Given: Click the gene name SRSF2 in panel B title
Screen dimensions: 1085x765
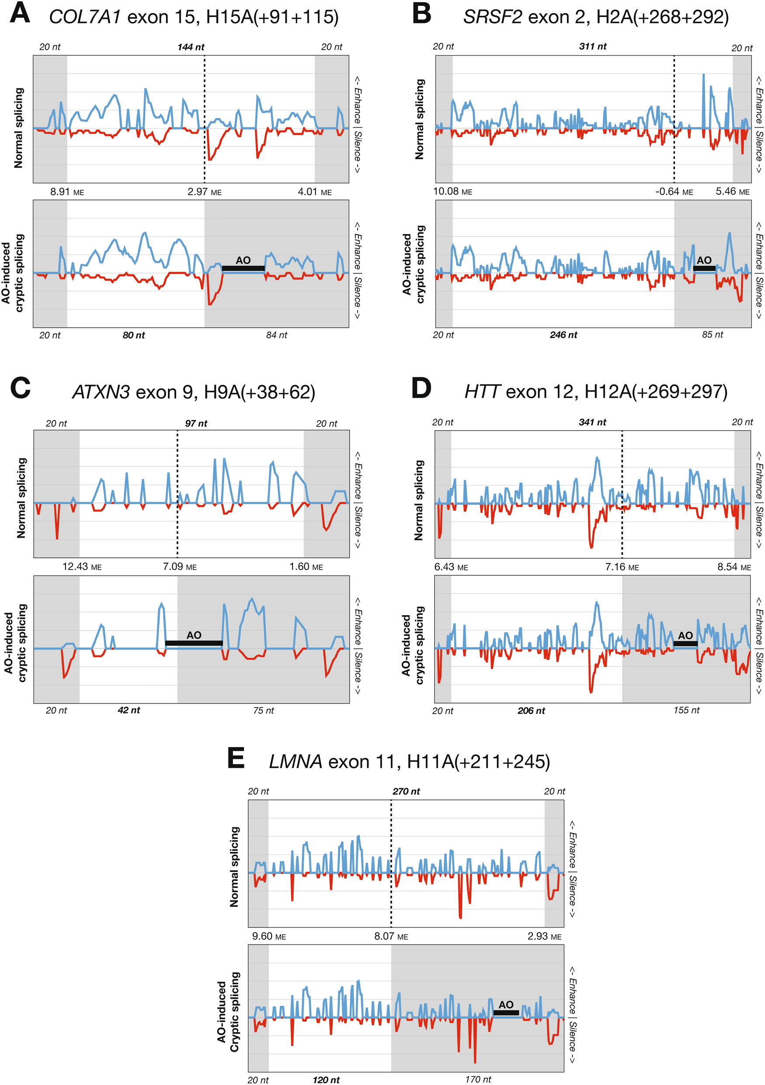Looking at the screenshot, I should click(x=493, y=17).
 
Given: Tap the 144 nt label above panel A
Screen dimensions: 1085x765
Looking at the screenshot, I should click(x=191, y=47).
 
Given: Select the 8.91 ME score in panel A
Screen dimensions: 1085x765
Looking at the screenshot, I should click(x=67, y=192).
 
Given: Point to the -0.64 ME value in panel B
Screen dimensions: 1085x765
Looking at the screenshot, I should click(x=674, y=191).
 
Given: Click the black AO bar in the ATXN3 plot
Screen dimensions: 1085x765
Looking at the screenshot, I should click(x=194, y=643).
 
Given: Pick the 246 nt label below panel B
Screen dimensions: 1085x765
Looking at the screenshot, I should click(x=563, y=335).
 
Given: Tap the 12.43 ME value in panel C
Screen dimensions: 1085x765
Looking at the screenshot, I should click(x=82, y=567).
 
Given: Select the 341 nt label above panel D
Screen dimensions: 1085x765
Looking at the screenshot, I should click(x=592, y=423).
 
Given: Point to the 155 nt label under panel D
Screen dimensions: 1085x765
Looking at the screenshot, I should click(x=686, y=710).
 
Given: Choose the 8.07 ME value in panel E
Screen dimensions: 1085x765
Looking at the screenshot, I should click(x=391, y=937).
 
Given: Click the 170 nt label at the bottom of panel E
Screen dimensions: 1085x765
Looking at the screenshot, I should click(x=478, y=1079).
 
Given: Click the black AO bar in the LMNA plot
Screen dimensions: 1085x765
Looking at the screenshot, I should click(x=506, y=1013).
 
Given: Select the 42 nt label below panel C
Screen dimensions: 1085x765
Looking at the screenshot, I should click(x=129, y=710).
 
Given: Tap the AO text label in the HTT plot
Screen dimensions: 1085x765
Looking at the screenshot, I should click(x=685, y=636).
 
